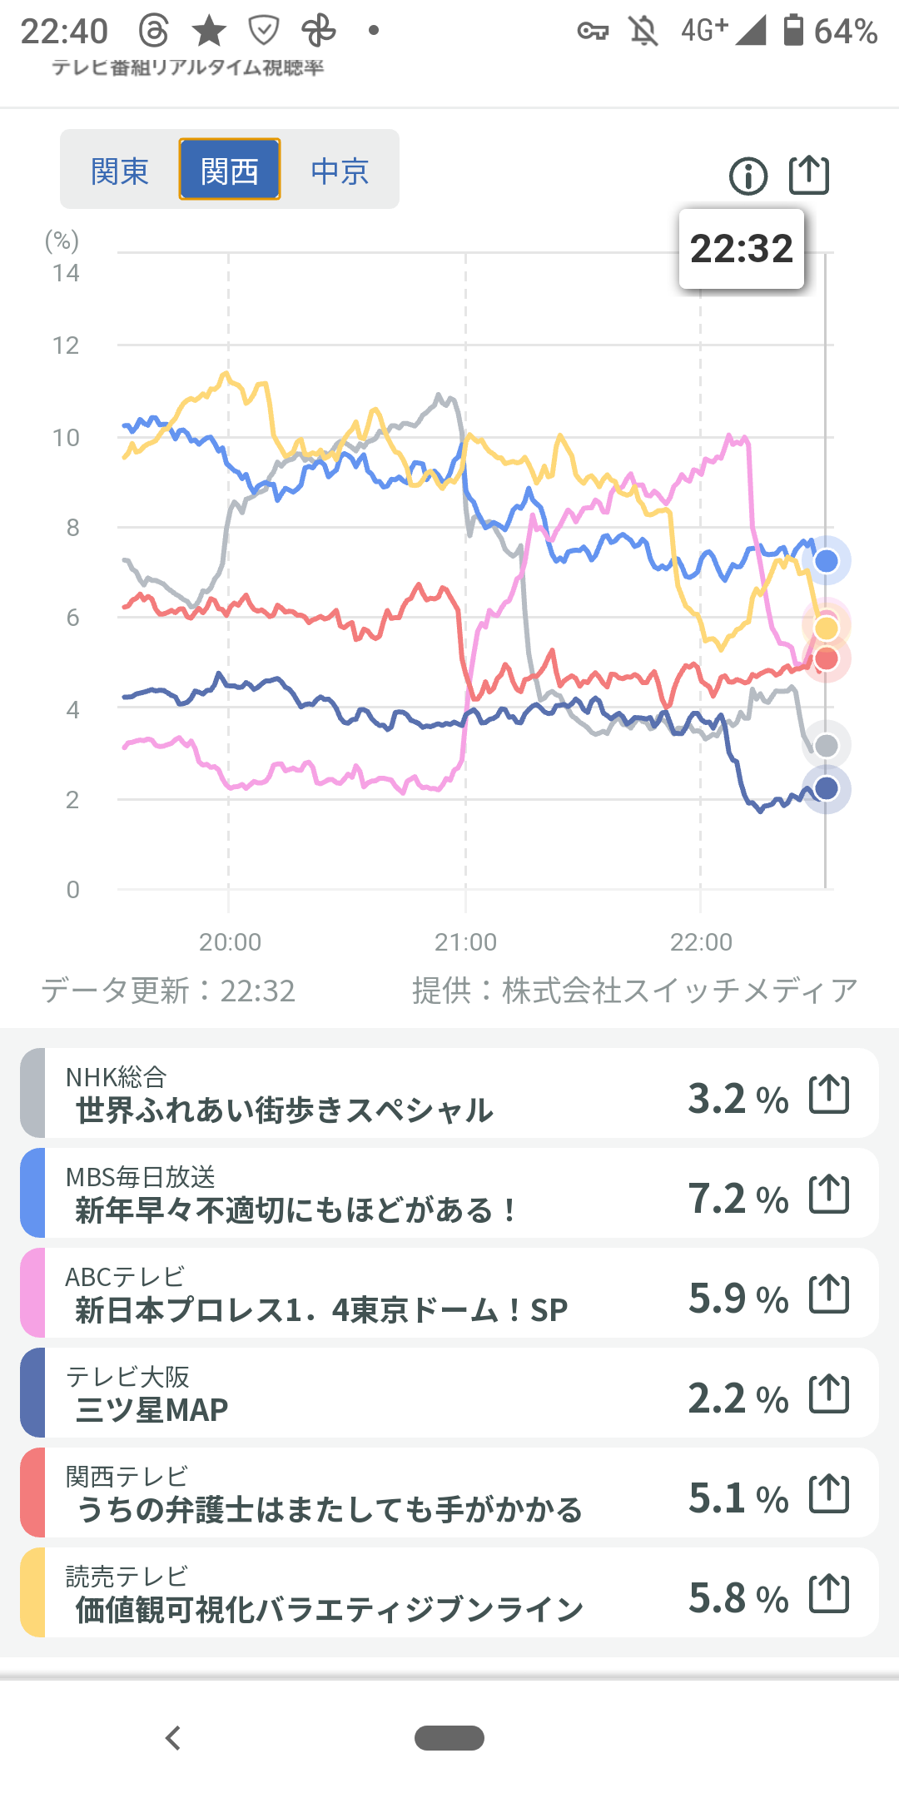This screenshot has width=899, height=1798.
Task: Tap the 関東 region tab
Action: click(x=120, y=171)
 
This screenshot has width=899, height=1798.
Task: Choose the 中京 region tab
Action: click(x=340, y=171)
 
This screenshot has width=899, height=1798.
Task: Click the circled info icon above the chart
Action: click(x=748, y=176)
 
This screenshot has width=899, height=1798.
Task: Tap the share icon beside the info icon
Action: click(x=809, y=175)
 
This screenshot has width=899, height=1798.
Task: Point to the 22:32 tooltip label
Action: click(x=742, y=249)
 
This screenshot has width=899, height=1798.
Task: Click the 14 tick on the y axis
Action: click(x=66, y=273)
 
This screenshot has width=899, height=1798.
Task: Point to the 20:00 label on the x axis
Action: click(x=230, y=941)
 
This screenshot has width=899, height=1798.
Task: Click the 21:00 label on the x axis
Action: click(x=465, y=941)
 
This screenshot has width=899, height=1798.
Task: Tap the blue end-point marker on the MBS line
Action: click(x=827, y=561)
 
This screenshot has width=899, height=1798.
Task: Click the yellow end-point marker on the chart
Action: click(x=827, y=627)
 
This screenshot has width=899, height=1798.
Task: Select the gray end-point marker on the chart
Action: click(x=827, y=746)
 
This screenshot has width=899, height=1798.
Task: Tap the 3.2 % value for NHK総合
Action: click(x=738, y=1099)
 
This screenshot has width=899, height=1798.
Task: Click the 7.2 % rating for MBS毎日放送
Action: click(x=738, y=1199)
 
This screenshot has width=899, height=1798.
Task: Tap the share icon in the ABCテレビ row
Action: click(x=829, y=1294)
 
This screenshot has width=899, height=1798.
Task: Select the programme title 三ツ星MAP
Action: click(x=151, y=1410)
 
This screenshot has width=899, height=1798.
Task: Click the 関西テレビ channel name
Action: click(x=127, y=1477)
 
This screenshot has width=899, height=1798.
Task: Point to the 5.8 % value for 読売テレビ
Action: click(x=738, y=1598)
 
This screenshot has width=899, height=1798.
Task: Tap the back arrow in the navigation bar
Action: click(x=173, y=1738)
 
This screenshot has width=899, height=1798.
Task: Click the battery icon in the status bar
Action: click(x=794, y=30)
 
